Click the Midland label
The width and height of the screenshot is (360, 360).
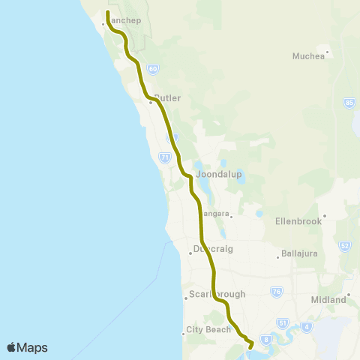coord(328,300)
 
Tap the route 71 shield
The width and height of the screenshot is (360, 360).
coord(164,157)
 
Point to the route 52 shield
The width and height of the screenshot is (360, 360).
coord(344,245)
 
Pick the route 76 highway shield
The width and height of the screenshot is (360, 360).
coord(277,290)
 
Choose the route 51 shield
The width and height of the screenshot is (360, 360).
coord(283,322)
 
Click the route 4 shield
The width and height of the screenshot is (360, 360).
coord(307,327)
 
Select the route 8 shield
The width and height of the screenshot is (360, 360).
coord(265,338)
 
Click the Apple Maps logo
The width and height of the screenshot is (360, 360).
coord(27,347)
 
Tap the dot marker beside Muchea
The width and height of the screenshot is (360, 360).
coord(328,52)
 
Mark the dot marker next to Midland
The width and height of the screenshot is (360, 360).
coord(349,295)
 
